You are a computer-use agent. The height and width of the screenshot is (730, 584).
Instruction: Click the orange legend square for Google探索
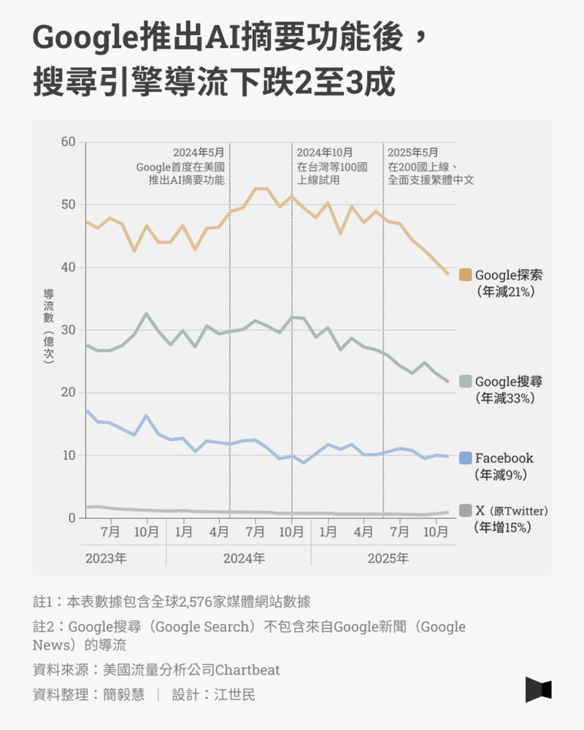pyautogui.click(x=465, y=274)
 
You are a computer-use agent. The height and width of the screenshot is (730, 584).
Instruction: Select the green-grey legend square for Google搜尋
pyautogui.click(x=465, y=381)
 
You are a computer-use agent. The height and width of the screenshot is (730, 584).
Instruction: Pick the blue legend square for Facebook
pyautogui.click(x=465, y=458)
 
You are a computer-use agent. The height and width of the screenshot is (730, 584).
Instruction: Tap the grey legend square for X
pyautogui.click(x=465, y=510)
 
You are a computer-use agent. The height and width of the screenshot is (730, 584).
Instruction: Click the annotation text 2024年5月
pyautogui.click(x=199, y=153)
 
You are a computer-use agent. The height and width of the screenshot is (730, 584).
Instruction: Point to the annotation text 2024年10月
pyautogui.click(x=325, y=153)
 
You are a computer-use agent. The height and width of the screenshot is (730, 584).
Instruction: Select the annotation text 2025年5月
pyautogui.click(x=413, y=153)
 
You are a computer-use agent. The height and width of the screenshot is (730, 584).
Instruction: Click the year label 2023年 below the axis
pyautogui.click(x=106, y=558)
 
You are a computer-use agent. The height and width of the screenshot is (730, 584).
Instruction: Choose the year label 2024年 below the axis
pyautogui.click(x=244, y=558)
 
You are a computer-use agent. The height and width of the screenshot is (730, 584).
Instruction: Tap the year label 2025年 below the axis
pyautogui.click(x=388, y=558)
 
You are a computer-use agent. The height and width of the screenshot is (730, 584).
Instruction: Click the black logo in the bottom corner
pyautogui.click(x=538, y=690)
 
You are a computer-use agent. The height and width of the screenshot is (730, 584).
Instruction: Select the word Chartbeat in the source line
pyautogui.click(x=247, y=669)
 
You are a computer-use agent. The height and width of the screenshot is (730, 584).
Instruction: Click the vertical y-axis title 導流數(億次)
pyautogui.click(x=49, y=326)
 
